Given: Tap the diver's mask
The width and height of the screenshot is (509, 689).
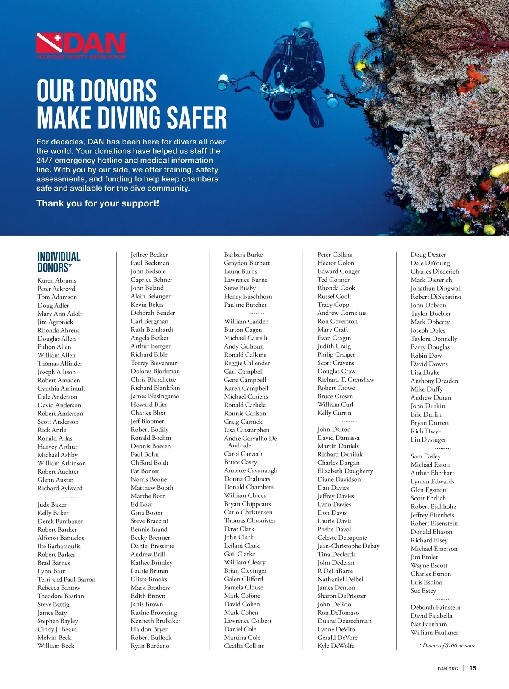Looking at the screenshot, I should [304, 33].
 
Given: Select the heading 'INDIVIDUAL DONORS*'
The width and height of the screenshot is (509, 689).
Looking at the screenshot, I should [59, 262].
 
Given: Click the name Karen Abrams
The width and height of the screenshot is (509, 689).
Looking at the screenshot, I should [57, 281].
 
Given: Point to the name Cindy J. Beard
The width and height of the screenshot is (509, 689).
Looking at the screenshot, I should [57, 629].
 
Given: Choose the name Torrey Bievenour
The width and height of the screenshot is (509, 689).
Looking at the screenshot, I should [154, 363].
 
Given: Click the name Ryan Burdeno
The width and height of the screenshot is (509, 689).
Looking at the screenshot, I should [150, 646].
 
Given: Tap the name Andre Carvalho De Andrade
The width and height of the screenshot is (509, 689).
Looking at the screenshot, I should [250, 442].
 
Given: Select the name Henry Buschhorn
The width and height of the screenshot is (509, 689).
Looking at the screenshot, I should [248, 297].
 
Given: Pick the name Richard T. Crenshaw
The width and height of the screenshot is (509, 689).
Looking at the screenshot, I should [346, 380].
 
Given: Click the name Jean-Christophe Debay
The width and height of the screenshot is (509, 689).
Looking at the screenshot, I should [348, 546].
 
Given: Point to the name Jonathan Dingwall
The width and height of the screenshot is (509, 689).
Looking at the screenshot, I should [436, 288].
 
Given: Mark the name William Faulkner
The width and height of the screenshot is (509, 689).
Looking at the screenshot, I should [434, 633].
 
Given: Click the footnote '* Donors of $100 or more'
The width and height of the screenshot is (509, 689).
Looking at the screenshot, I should [447, 646].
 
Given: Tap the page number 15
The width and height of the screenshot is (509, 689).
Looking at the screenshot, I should [473, 668].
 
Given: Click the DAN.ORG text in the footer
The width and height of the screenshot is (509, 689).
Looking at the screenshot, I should [447, 669].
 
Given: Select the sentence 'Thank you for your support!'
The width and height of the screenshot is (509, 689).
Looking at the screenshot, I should [98, 203].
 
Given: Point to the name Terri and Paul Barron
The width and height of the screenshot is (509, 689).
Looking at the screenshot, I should [66, 580].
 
